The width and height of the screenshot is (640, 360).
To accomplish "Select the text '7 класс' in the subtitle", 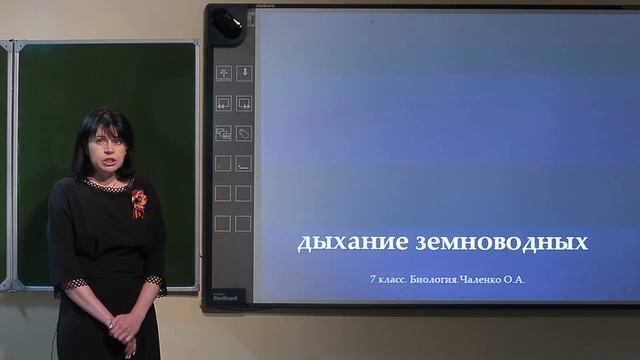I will [x=387, y=280].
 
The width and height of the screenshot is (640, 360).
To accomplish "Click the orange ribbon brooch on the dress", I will [x=138, y=202].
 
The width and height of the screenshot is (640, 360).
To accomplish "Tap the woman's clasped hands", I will [x=124, y=326].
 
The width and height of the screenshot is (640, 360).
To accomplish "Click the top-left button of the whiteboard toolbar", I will [x=223, y=73].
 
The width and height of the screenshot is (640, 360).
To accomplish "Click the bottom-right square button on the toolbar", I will [x=244, y=223].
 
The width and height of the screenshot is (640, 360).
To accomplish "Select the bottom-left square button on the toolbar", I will [x=223, y=223].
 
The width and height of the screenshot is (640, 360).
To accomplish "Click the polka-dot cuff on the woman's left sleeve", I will [x=154, y=283].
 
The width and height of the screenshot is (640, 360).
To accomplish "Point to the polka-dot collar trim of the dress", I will [x=108, y=184].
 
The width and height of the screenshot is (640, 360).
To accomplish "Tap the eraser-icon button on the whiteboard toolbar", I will [x=244, y=133].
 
